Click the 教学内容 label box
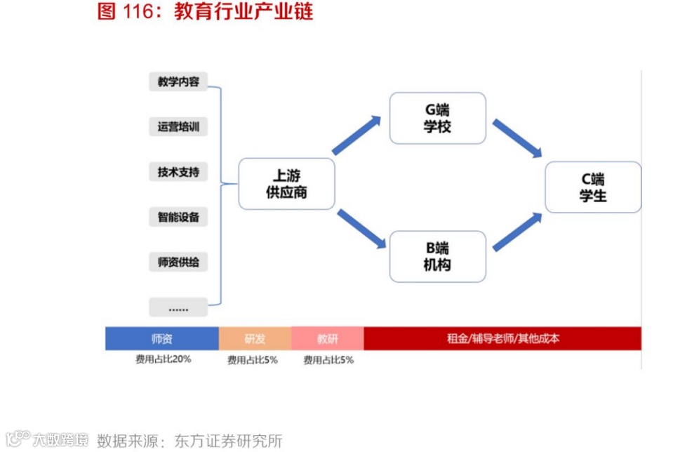coord(178,82)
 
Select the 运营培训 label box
coord(178,127)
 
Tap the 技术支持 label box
coord(178,172)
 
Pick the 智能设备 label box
coord(178,217)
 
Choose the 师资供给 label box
coord(178,262)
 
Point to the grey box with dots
coord(178,307)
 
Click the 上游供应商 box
coord(286,184)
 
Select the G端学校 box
coord(437,118)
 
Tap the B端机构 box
coord(437,256)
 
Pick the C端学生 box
coord(592,187)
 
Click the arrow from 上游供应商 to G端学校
coord(357,135)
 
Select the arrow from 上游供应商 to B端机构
coord(361,230)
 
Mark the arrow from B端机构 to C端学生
coord(518,232)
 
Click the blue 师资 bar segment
coord(162,339)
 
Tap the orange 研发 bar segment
coord(255,339)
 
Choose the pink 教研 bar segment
coord(327,339)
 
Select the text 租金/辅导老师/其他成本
coord(503,339)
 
